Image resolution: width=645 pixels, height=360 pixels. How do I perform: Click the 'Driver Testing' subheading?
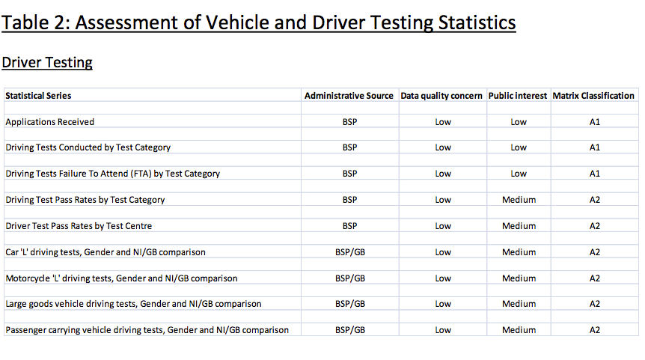tap(47, 63)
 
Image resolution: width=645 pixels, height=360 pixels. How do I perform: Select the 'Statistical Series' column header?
tap(38, 96)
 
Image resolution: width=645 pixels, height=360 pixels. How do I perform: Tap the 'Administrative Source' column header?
tap(349, 96)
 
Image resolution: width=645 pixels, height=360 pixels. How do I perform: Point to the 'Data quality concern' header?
tap(441, 96)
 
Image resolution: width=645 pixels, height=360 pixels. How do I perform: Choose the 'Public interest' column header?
tap(518, 96)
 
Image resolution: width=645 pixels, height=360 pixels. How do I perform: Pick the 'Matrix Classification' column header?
tap(593, 96)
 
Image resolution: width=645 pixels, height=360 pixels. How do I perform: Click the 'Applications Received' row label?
tap(50, 122)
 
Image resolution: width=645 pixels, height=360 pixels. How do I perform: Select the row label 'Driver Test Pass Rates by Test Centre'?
tap(79, 226)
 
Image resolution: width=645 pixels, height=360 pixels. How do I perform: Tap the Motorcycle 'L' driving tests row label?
tap(121, 278)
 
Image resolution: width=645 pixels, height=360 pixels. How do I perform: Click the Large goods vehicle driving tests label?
tap(133, 304)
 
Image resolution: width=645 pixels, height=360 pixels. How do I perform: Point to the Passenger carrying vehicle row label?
tap(147, 330)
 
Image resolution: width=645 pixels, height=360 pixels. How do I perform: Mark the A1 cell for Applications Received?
tap(595, 122)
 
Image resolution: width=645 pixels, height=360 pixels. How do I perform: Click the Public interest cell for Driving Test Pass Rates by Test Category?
tap(519, 200)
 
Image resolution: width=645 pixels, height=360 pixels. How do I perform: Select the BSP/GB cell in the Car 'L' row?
tap(350, 252)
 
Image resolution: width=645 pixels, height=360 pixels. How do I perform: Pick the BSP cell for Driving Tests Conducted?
tap(349, 147)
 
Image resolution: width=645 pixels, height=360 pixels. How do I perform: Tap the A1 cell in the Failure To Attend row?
tap(595, 174)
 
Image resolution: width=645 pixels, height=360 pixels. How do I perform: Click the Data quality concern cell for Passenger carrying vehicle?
tap(443, 330)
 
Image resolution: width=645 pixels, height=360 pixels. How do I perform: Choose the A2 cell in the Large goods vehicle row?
tap(595, 304)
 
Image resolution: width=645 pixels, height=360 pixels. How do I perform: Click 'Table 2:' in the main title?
tap(36, 22)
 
